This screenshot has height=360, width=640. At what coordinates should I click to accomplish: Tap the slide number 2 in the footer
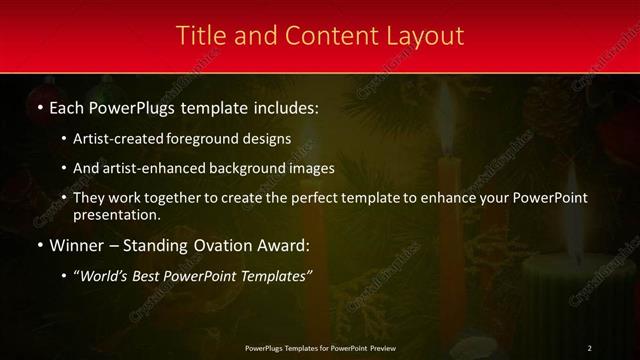589,347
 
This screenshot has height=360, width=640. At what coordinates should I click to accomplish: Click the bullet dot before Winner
39,245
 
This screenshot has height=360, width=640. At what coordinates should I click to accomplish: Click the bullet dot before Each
39,107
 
